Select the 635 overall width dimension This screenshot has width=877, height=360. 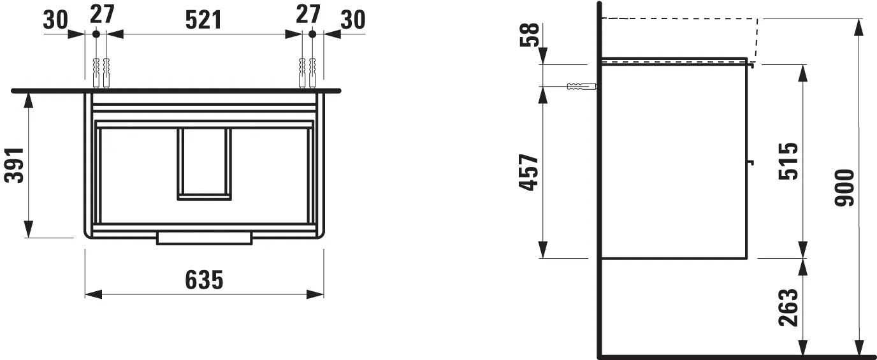coord(204,279)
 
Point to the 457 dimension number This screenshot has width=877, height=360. coord(528,172)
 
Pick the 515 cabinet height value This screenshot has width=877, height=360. coord(788,161)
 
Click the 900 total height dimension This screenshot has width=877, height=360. coord(845,187)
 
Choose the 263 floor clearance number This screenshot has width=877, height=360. coord(788,307)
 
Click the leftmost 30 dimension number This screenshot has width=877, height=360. coord(56,20)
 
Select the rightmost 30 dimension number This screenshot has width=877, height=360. coord(352,20)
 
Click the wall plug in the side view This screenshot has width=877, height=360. coord(580,86)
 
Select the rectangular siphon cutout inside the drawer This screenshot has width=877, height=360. coord(204,164)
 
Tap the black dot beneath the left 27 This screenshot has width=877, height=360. coord(96,33)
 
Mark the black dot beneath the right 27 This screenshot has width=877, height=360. coord(312,33)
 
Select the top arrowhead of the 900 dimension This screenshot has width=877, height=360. coord(859,26)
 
